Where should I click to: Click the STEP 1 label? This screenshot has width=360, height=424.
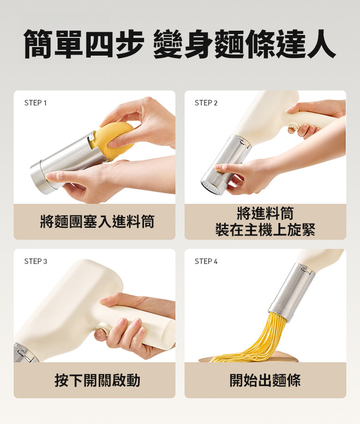(x=36, y=103)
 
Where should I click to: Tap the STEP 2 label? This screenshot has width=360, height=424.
(x=206, y=103)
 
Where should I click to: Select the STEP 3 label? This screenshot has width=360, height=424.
(x=36, y=261)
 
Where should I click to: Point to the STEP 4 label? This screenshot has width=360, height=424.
(x=206, y=261)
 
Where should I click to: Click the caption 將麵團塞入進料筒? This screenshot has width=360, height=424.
(x=97, y=222)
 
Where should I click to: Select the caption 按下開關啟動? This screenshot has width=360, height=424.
(x=97, y=380)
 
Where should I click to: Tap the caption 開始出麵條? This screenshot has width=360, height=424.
(x=265, y=380)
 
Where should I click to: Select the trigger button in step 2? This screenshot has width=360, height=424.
(x=293, y=128)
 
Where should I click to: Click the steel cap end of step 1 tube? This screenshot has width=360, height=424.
(x=41, y=177)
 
